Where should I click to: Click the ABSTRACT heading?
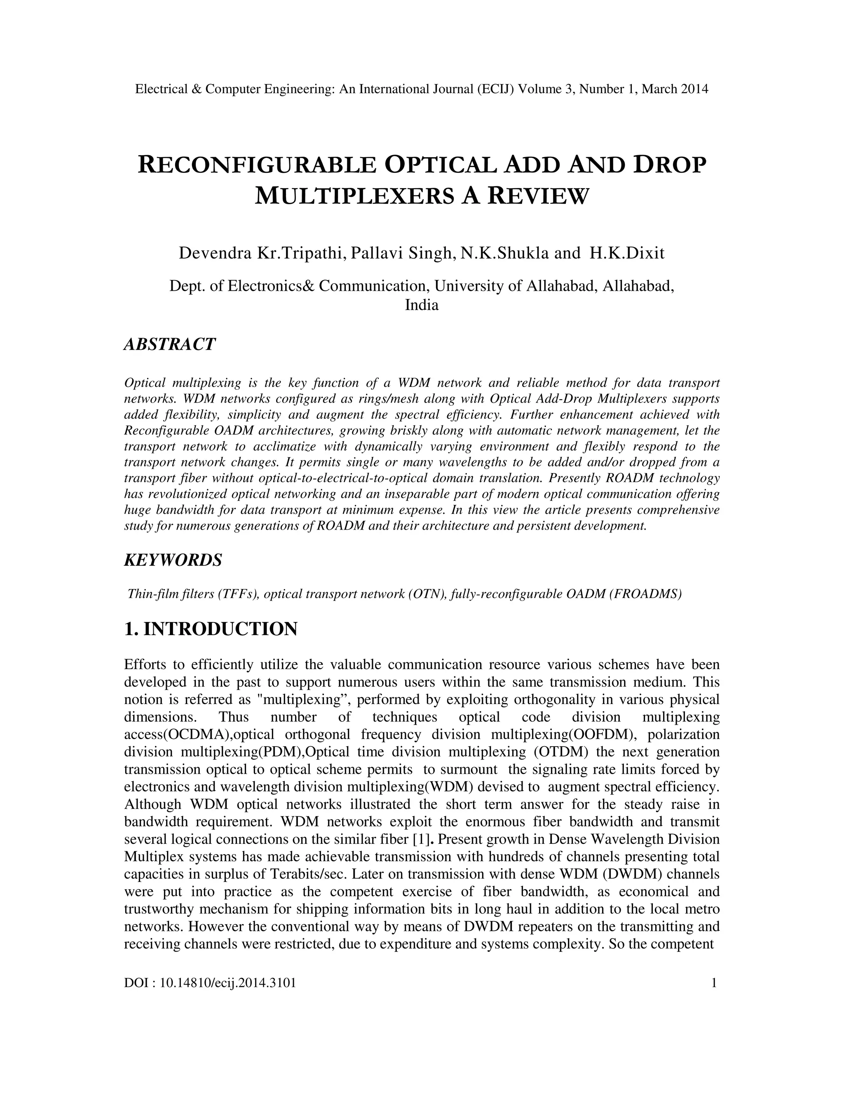[169, 344]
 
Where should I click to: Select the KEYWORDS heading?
[173, 560]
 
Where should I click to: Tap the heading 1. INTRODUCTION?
[211, 629]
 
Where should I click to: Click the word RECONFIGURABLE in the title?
[256, 166]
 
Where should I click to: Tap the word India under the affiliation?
[422, 305]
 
